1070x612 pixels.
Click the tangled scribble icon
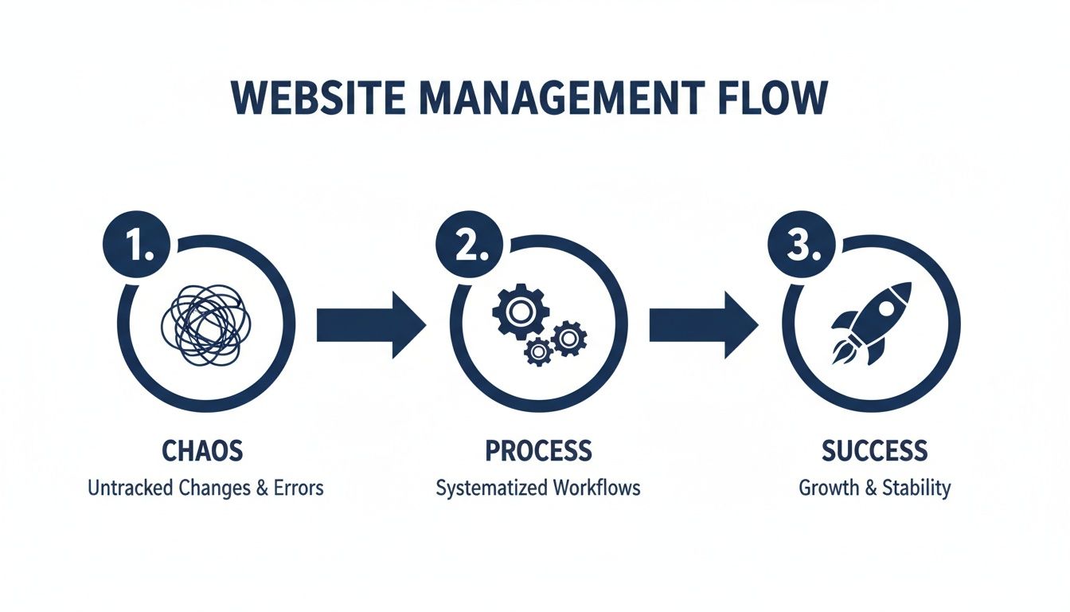pyautogui.click(x=205, y=323)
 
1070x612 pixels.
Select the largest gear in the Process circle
pyautogui.click(x=519, y=312)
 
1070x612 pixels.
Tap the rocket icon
pyautogui.click(x=871, y=323)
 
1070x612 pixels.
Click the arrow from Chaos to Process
pyautogui.click(x=371, y=324)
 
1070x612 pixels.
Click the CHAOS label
pyautogui.click(x=202, y=451)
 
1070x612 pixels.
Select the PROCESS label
pyautogui.click(x=538, y=451)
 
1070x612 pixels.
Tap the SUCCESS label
pyautogui.click(x=874, y=451)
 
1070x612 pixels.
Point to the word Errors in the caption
pyautogui.click(x=299, y=488)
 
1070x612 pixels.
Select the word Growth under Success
pyautogui.click(x=827, y=488)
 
